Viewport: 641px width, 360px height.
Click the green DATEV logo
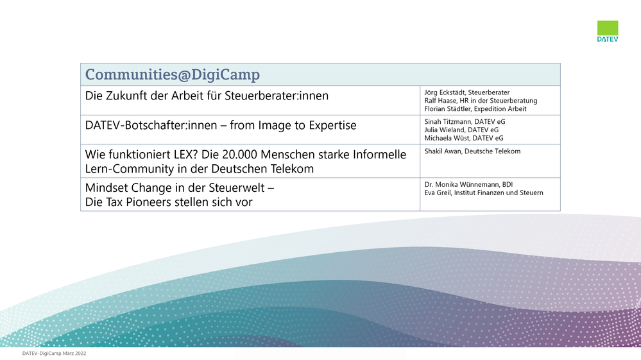[x=608, y=31]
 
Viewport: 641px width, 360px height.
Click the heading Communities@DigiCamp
[x=173, y=74]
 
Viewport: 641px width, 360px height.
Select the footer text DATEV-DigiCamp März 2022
[x=54, y=354]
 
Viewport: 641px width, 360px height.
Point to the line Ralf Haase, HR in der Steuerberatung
[x=481, y=101]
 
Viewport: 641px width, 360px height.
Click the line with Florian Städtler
[x=475, y=108]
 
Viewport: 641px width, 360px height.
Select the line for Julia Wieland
[x=461, y=130]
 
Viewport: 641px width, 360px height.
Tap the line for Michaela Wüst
[x=464, y=138]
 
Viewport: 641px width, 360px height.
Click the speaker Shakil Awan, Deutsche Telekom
[x=473, y=151]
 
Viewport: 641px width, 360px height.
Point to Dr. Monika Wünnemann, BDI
[x=468, y=184]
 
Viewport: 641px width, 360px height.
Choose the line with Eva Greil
[x=484, y=193]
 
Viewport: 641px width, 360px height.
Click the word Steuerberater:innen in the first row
[x=277, y=96]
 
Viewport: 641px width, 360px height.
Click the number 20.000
[x=239, y=155]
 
